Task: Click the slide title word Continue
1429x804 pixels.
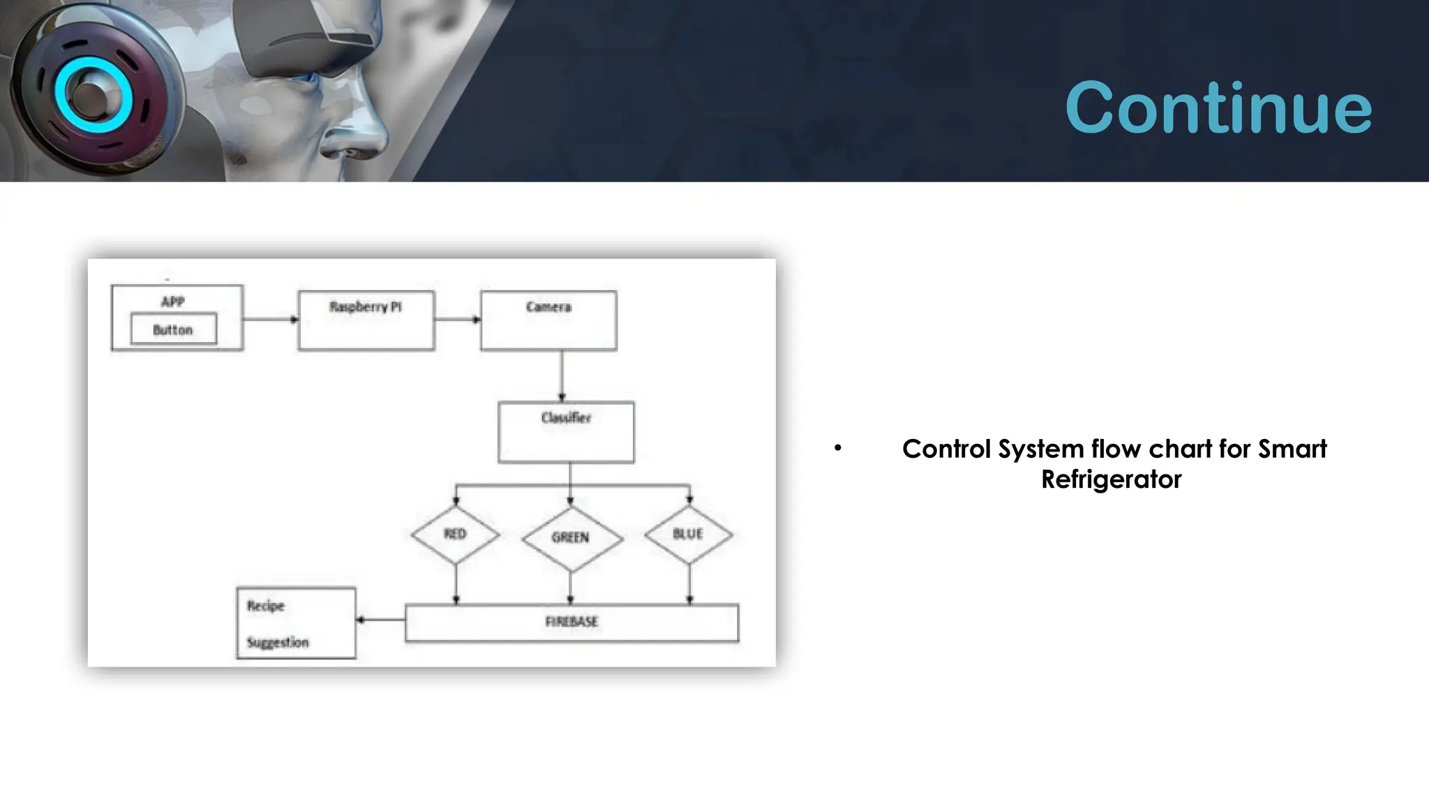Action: coord(1218,107)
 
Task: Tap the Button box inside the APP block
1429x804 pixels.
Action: coord(174,329)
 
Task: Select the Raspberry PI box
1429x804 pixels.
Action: coord(366,320)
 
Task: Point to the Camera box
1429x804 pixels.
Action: coord(548,320)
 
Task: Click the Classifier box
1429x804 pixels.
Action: coord(566,432)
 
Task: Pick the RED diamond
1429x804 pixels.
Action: coord(456,535)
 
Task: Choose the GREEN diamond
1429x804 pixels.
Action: coord(571,538)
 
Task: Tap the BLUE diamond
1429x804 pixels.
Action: coord(689,535)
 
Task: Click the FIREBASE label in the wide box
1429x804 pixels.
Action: coord(571,622)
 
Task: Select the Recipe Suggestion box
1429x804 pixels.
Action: coord(296,623)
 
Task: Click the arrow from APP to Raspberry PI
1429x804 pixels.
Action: coord(270,320)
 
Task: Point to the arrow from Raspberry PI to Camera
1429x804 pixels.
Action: coord(457,320)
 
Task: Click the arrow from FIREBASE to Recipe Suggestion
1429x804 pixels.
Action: coord(380,620)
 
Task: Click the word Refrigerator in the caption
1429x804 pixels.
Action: coord(1111,479)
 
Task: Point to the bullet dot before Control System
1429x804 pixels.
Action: coord(837,448)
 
